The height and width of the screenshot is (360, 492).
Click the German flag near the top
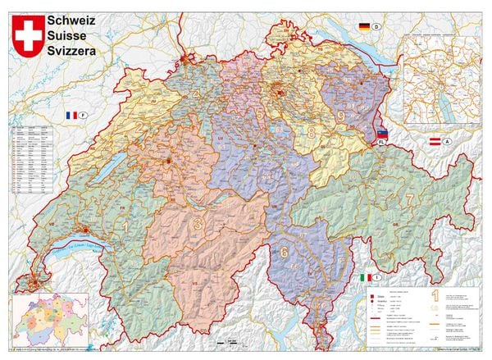[x=363, y=27]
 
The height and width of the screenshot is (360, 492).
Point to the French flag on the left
[x=72, y=116]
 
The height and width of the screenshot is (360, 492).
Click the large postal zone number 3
[x=196, y=223]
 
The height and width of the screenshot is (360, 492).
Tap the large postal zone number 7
[x=408, y=198]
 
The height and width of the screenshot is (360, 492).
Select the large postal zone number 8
[x=311, y=131]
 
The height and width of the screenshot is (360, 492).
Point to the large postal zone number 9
[x=340, y=116]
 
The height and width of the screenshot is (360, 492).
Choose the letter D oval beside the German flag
[x=377, y=27]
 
